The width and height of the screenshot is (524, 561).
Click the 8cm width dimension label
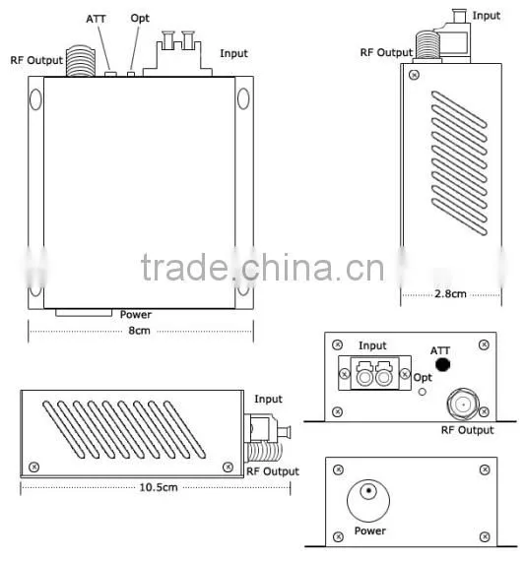click(x=139, y=331)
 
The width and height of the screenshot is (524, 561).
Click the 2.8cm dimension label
click(x=450, y=294)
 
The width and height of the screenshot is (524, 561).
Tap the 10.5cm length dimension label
click(x=159, y=487)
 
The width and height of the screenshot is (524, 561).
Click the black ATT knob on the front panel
click(x=442, y=364)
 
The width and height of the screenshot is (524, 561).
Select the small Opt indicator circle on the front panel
click(x=423, y=392)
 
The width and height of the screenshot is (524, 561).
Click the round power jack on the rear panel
click(x=368, y=501)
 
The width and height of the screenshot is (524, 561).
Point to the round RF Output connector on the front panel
click(x=463, y=405)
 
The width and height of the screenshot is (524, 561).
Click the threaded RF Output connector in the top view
click(x=81, y=61)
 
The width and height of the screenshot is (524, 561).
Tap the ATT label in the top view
click(x=96, y=19)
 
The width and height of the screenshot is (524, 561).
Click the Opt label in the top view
click(x=140, y=19)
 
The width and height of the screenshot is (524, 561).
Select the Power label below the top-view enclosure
click(x=136, y=315)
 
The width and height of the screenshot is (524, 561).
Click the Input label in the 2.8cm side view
click(x=486, y=16)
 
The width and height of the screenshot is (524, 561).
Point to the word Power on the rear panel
click(x=370, y=530)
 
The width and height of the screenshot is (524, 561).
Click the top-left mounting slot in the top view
click(x=35, y=99)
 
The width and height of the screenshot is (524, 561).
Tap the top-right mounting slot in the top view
click(x=243, y=98)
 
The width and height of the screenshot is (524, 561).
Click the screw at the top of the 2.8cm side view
click(x=414, y=75)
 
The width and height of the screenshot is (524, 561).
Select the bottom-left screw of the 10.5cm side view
click(x=34, y=467)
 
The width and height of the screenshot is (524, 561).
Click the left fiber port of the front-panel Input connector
click(x=364, y=378)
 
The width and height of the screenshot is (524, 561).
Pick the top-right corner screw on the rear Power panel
click(x=485, y=469)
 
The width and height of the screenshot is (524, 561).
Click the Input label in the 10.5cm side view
click(x=268, y=400)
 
